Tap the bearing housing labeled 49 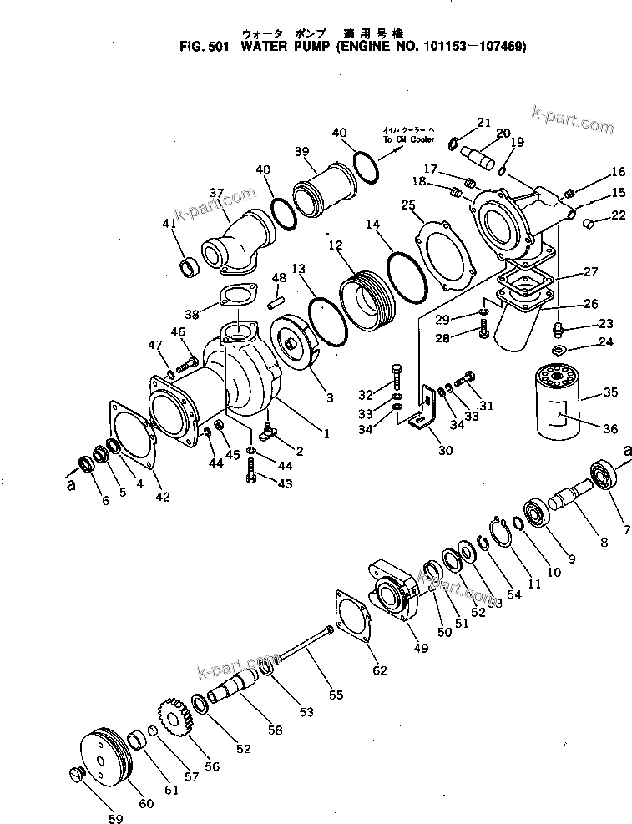(x=392, y=595)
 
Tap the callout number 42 (x=162, y=498)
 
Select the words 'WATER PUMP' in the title (x=286, y=48)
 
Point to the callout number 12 (x=334, y=245)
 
